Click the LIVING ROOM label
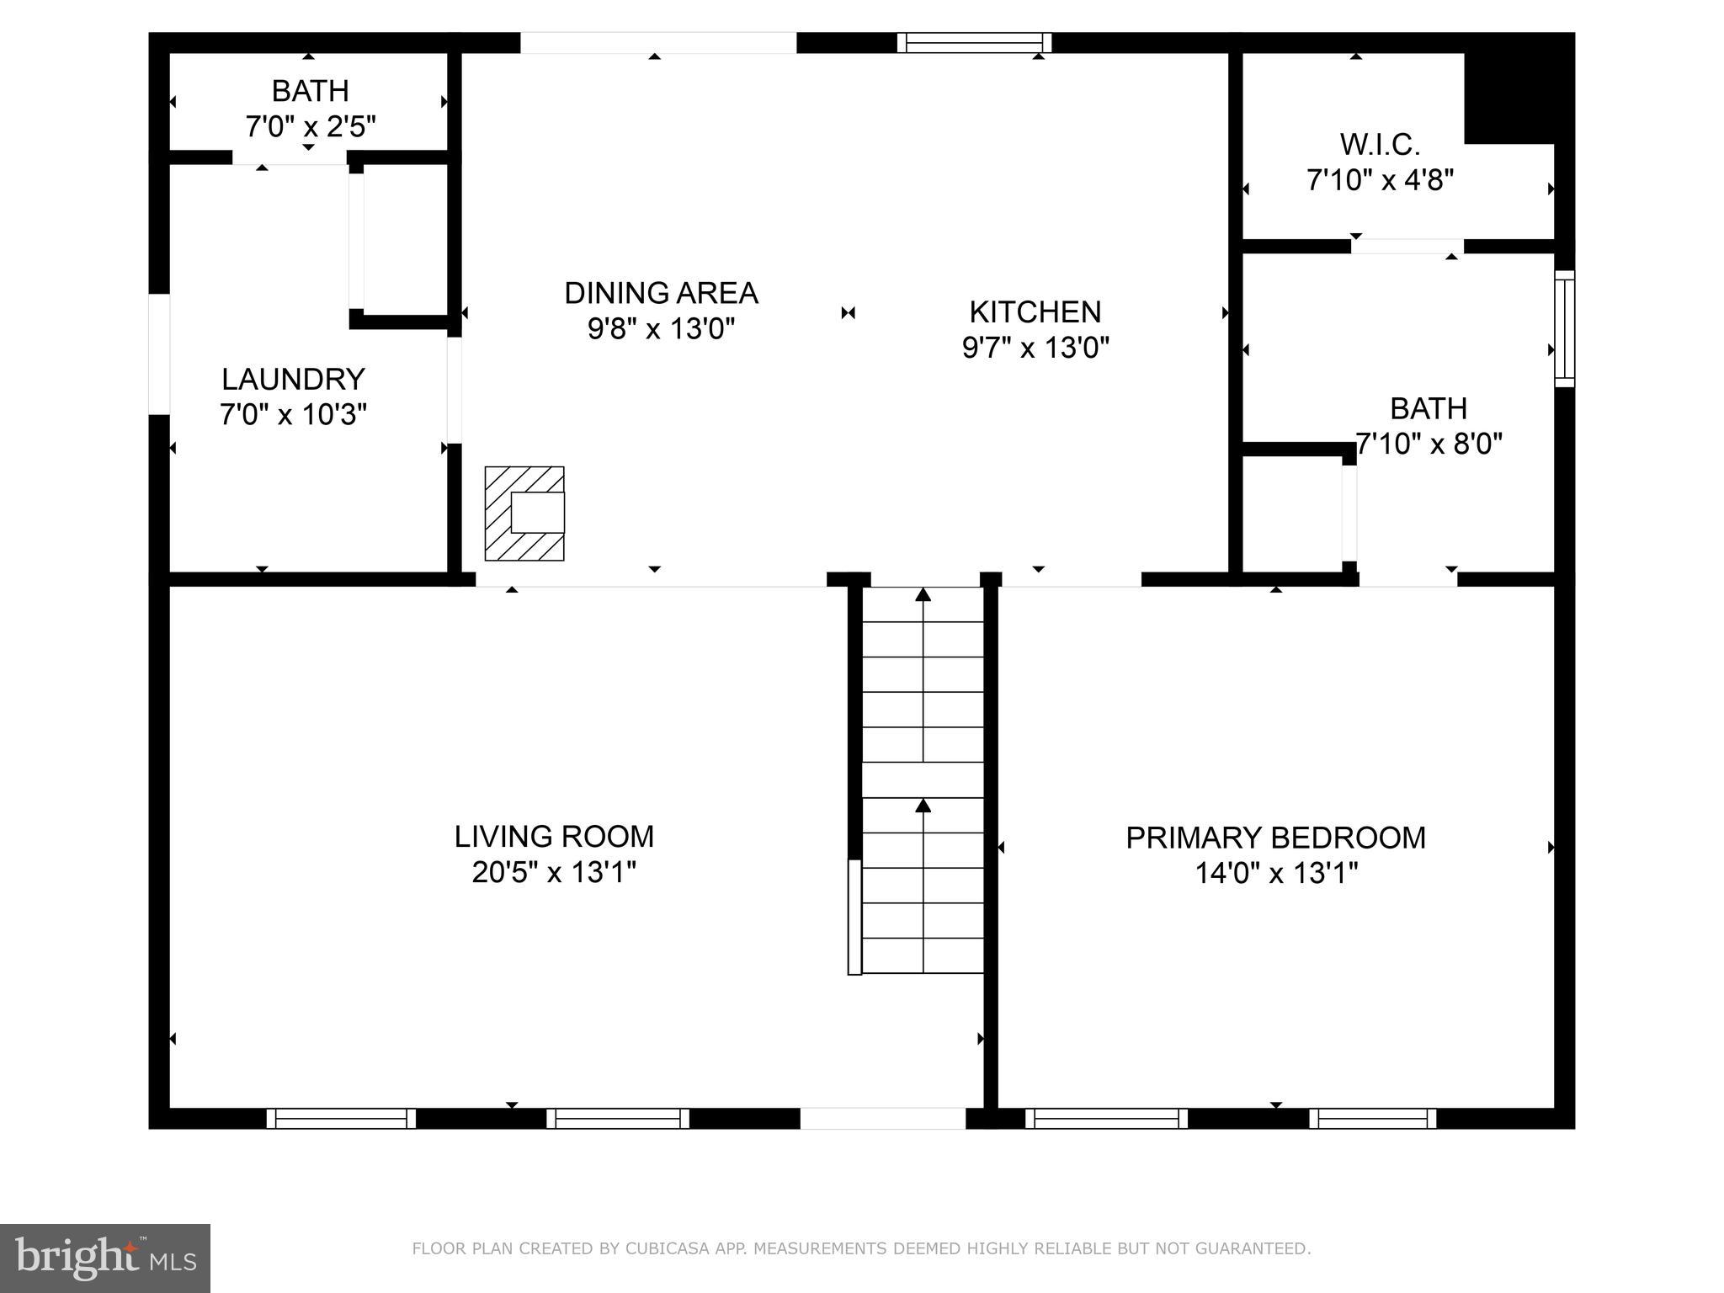[x=554, y=837]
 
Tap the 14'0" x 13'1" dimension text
[x=1276, y=873]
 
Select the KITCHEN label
[x=1035, y=312]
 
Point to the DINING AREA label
[x=661, y=293]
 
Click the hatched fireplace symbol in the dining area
[x=524, y=513]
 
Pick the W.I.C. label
[x=1380, y=145]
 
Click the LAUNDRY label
[x=293, y=380]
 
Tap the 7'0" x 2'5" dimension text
[x=310, y=126]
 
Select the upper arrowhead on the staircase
[x=923, y=594]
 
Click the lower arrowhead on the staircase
[x=923, y=806]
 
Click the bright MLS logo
[x=104, y=1258]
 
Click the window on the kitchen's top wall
[x=974, y=43]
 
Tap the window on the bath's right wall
[x=1564, y=328]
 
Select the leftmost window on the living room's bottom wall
[x=340, y=1118]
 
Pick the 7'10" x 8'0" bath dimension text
[x=1429, y=444]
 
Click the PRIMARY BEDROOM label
[x=1275, y=838]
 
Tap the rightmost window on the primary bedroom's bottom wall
[x=1372, y=1118]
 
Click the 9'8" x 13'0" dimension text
[x=661, y=328]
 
